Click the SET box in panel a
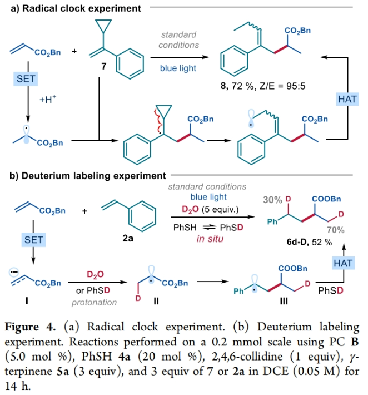(x=25, y=80)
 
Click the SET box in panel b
(x=25, y=240)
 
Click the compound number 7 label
(x=103, y=67)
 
